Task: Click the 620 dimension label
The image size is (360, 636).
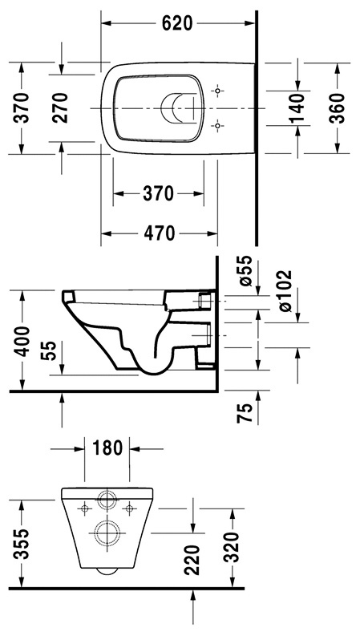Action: point(177,23)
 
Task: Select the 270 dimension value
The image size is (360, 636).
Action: point(60,108)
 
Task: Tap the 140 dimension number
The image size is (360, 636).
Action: point(297,108)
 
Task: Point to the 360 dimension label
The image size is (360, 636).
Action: point(337,108)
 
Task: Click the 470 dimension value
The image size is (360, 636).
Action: point(159,233)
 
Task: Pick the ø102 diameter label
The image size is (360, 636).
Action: point(285,291)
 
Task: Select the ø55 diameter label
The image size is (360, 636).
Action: point(245,271)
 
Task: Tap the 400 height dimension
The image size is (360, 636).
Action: point(21,341)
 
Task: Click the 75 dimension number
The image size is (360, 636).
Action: point(245,413)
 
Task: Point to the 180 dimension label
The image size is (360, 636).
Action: point(107,448)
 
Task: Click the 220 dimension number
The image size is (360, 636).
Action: point(192,560)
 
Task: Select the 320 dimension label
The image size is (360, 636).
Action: point(233,547)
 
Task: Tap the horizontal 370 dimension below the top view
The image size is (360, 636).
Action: point(159,193)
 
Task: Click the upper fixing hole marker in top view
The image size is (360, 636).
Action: point(218,91)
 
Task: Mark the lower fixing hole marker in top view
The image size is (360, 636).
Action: point(218,127)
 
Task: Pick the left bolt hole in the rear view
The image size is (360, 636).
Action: point(85,508)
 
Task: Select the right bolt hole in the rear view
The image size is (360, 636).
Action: point(130,508)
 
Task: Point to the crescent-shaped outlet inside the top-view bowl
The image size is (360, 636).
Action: point(163,109)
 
